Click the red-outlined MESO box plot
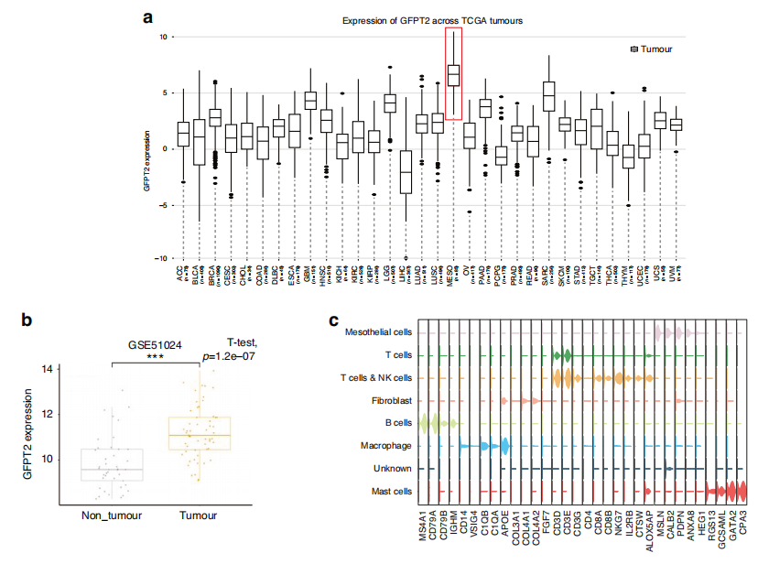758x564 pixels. click(x=453, y=75)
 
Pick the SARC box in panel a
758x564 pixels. click(x=548, y=95)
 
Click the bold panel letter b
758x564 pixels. click(x=28, y=320)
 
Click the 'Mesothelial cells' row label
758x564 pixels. click(x=378, y=331)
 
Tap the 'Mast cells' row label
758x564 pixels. click(x=391, y=492)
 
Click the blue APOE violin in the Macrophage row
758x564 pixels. click(x=504, y=447)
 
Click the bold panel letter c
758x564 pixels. click(x=334, y=320)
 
